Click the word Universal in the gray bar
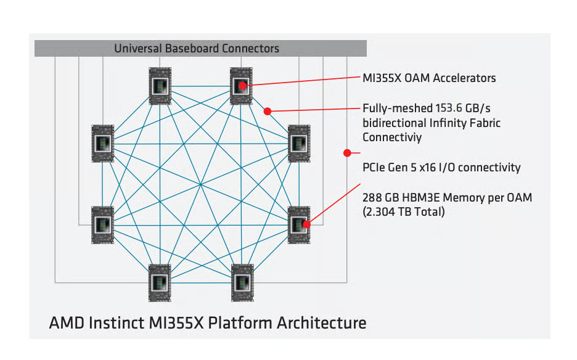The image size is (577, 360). click(136, 48)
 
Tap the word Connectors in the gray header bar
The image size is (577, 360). click(251, 48)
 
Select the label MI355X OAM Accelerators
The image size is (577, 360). click(429, 78)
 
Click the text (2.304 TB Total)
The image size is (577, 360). click(404, 212)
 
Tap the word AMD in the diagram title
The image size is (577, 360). click(63, 322)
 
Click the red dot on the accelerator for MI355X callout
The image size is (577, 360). click(243, 86)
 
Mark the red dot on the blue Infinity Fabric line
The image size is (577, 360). click(268, 112)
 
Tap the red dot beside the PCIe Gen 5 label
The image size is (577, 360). click(348, 152)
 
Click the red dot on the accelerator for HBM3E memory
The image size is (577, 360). click(306, 224)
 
